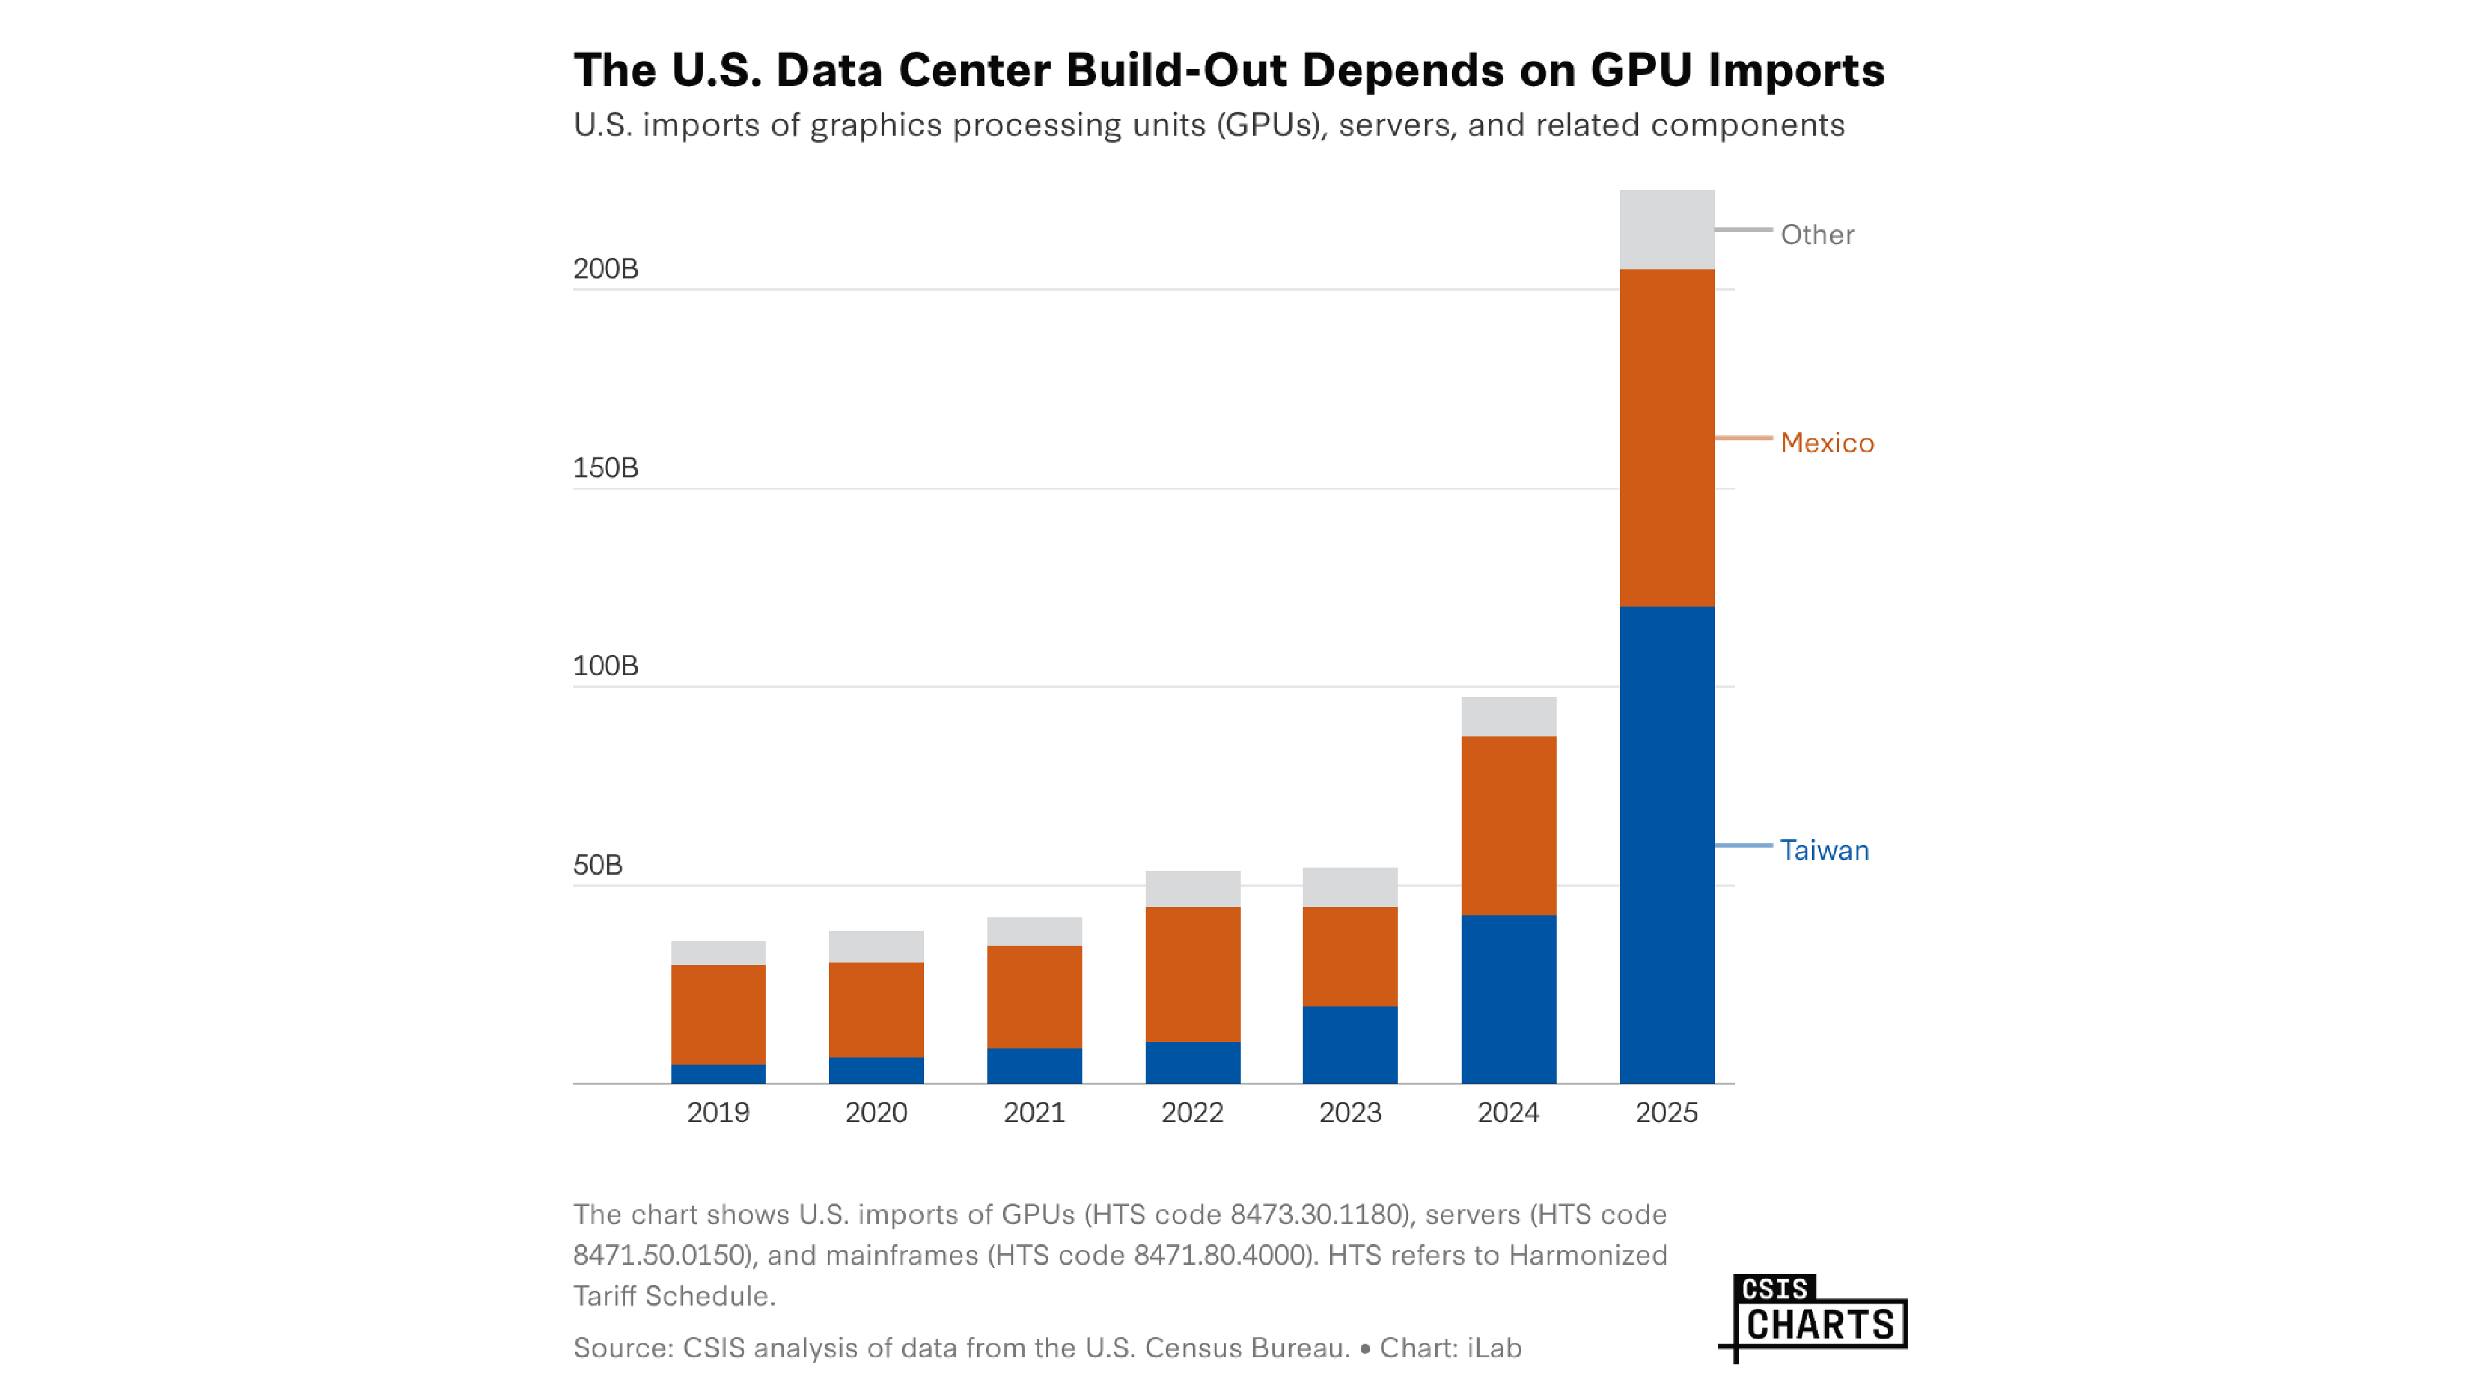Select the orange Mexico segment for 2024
(1508, 825)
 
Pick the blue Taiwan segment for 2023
(1350, 1045)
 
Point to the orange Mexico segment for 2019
(718, 1014)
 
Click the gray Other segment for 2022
(1192, 888)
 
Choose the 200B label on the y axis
(605, 269)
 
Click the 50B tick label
(597, 865)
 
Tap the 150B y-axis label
(605, 468)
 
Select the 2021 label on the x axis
(1034, 1113)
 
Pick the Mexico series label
(1827, 443)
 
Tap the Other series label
(1816, 235)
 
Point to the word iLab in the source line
(1493, 1348)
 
